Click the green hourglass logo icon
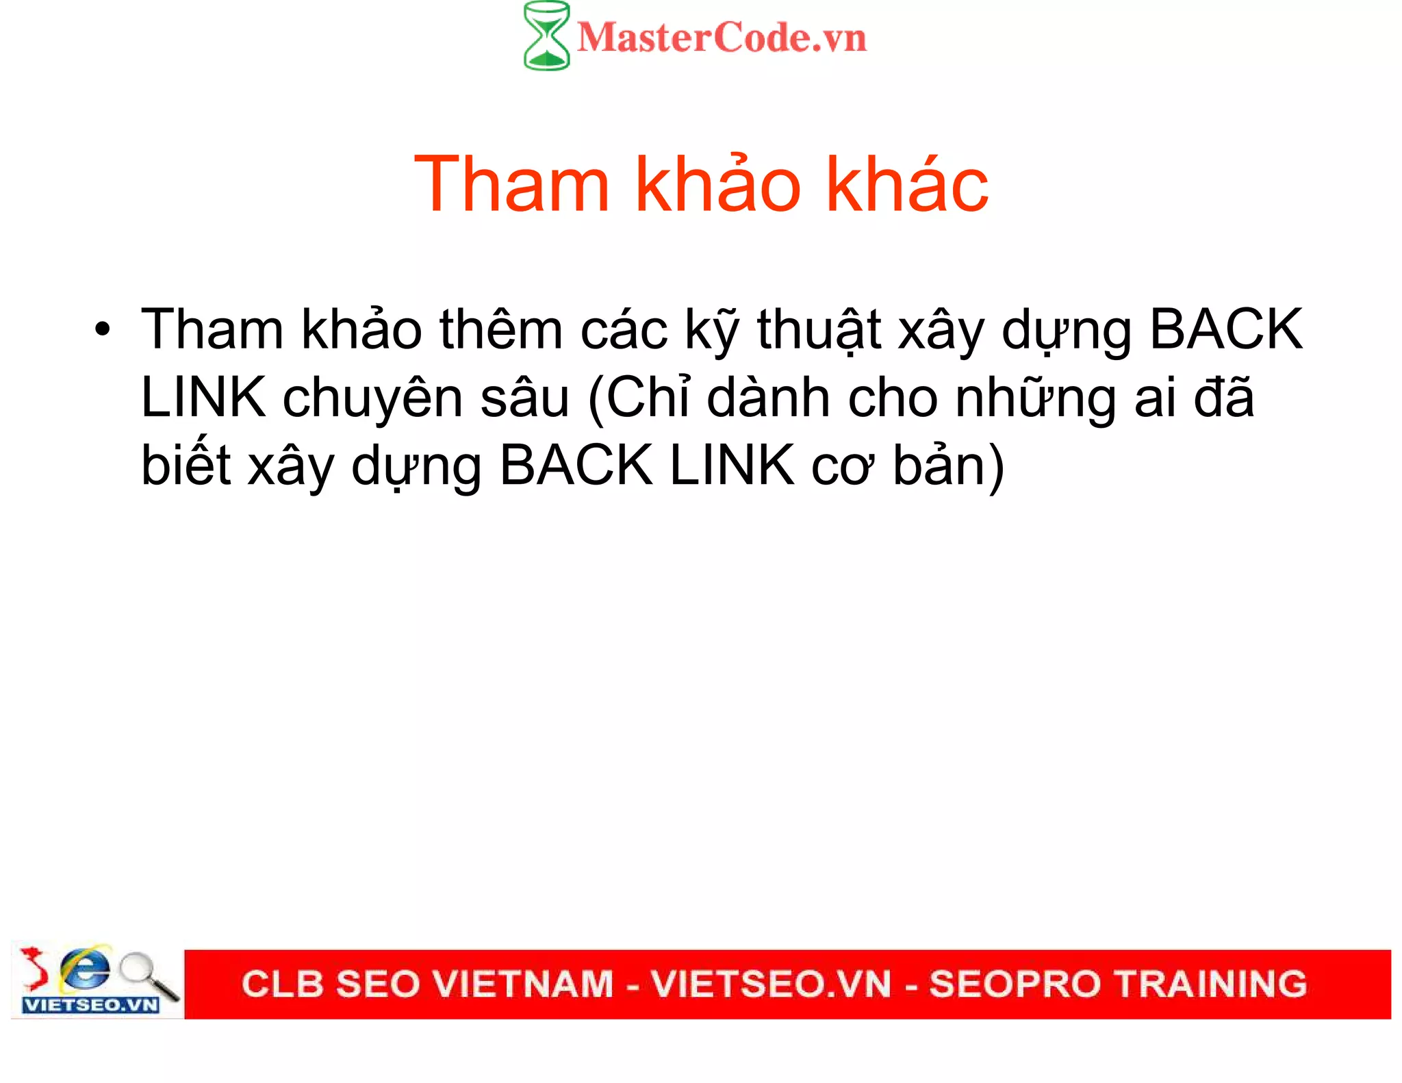pos(546,36)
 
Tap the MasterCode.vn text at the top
pos(722,38)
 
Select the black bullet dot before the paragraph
pos(103,329)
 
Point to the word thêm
pos(501,330)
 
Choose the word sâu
pos(524,398)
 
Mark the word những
pos(1036,398)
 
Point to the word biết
pos(186,466)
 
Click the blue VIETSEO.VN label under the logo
pos(91,1005)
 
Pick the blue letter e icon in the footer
pos(85,967)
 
